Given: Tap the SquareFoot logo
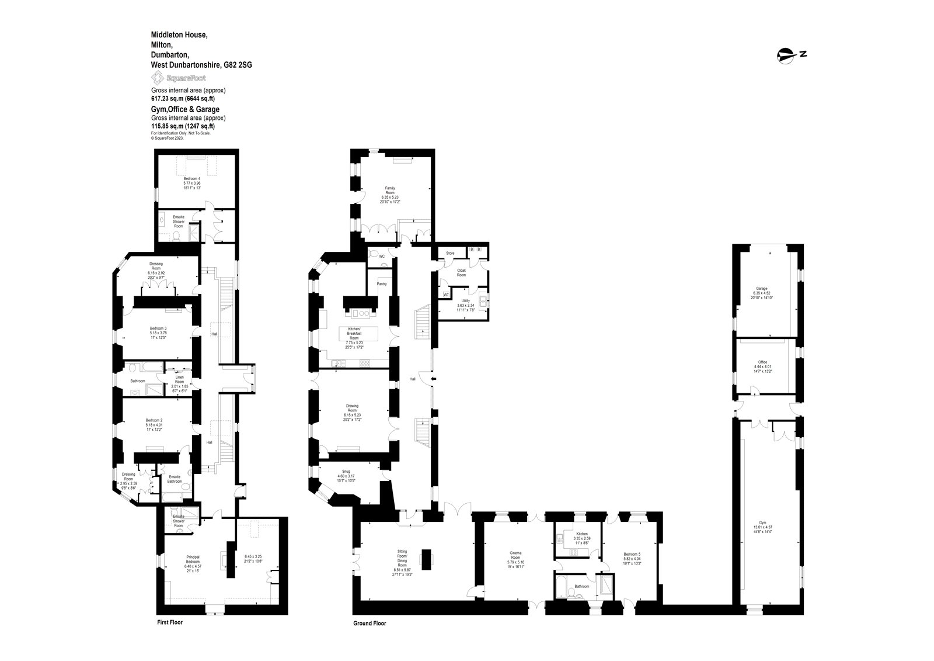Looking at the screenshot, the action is pos(179,78).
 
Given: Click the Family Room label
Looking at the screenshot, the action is pos(389,191).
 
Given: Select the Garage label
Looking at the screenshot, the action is pos(761,289).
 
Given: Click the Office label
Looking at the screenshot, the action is pos(762,362).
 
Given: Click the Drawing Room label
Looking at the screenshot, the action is pos(352,408).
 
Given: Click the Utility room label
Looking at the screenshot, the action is pos(464,300).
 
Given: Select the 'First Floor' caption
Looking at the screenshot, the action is pos(170,622).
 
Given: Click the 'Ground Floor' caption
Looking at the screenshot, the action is pos(370,624).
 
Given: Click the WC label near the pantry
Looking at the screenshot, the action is pos(382,256).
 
